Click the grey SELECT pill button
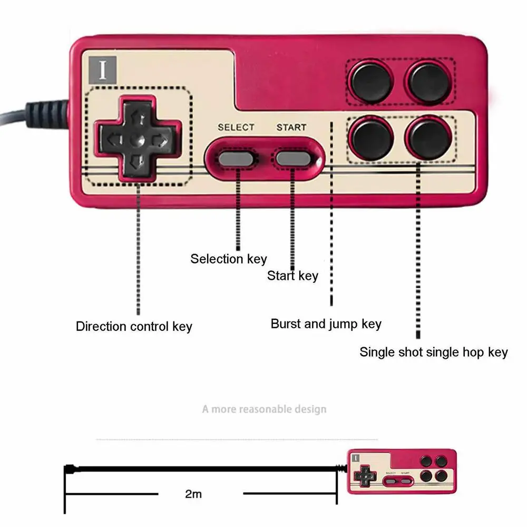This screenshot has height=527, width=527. tap(236, 158)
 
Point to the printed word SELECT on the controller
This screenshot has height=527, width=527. tap(236, 127)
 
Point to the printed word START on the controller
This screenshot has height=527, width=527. tap(291, 127)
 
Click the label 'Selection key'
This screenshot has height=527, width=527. tap(229, 259)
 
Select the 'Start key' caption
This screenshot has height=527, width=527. tap(292, 276)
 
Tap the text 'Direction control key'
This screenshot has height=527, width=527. tap(134, 326)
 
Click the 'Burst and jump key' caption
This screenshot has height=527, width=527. tap(326, 324)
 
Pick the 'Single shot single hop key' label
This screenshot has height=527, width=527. tap(433, 352)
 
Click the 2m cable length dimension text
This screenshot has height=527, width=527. tap(193, 494)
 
